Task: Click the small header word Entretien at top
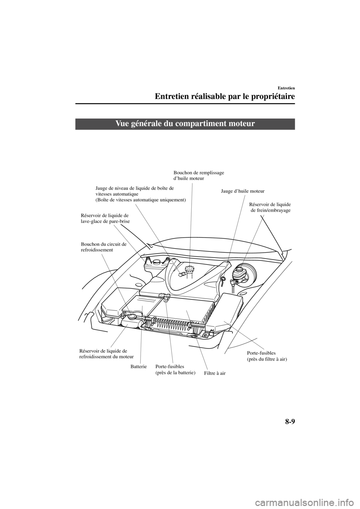point(285,88)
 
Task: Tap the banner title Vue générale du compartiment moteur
point(185,124)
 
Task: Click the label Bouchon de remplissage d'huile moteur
point(199,175)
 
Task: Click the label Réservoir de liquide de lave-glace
point(105,219)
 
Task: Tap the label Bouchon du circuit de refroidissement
point(103,247)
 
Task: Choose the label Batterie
point(138,365)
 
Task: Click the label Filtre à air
point(215,373)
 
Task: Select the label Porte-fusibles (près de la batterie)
point(175,369)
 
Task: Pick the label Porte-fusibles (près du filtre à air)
point(267,356)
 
